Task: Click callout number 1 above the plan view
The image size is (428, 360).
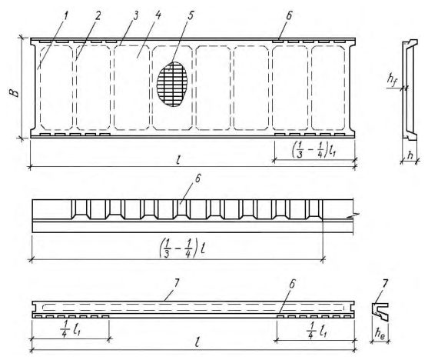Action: [65, 16]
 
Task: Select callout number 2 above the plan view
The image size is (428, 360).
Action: [98, 16]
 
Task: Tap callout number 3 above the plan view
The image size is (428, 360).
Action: [135, 16]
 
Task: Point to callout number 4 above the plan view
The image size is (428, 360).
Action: [158, 15]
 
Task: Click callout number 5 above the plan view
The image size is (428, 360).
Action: [191, 15]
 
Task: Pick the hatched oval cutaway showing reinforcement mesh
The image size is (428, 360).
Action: [172, 84]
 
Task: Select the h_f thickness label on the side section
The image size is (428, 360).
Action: [392, 80]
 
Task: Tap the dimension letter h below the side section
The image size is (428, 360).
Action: [410, 155]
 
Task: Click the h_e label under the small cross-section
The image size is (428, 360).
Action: [380, 334]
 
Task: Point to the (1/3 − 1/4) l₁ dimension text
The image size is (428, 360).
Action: [314, 149]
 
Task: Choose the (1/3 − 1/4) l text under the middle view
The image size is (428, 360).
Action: [182, 249]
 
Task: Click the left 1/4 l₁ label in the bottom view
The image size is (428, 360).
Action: [71, 330]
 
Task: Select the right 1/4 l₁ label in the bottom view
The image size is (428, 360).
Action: [317, 330]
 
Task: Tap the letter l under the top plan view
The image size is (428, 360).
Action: [178, 160]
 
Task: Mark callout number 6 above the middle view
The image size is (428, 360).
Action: [197, 179]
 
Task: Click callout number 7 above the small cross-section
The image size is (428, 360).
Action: [384, 284]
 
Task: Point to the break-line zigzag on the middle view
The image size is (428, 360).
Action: [354, 215]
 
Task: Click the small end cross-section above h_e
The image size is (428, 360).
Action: [380, 312]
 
